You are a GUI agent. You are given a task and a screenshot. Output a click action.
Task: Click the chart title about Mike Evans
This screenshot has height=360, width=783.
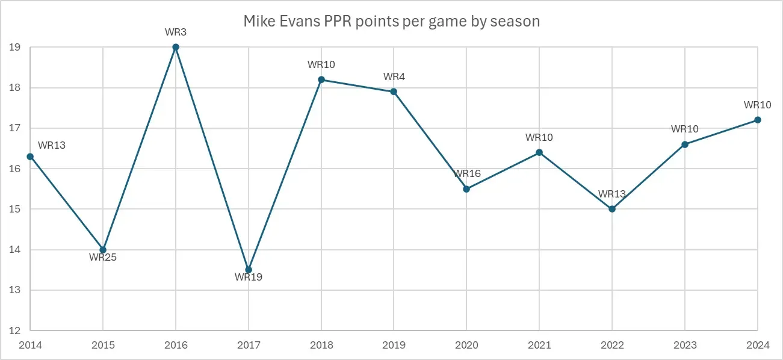[x=391, y=22]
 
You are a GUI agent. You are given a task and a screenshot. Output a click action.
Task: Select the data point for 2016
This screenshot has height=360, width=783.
[x=176, y=47]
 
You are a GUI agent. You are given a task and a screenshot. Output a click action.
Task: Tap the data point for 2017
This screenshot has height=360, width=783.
[x=249, y=270]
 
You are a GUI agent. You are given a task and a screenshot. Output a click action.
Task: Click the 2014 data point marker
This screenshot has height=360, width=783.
[x=30, y=157]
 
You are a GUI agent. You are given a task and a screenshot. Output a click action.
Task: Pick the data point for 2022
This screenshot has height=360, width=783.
[x=612, y=209]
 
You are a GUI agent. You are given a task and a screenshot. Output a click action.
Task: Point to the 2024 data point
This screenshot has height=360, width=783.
[x=758, y=120]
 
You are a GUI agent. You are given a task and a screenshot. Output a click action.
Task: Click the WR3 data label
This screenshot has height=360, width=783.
[x=176, y=33]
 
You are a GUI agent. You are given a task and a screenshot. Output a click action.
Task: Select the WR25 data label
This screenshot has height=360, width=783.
[x=102, y=258]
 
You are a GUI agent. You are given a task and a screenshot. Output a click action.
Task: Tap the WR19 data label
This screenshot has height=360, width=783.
[x=249, y=278]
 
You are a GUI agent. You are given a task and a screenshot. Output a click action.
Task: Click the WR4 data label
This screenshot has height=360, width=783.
[x=394, y=77]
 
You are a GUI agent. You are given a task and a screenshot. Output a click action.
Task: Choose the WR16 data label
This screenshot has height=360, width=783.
[x=467, y=174]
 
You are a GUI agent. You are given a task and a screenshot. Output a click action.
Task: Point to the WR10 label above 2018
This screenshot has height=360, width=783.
[x=321, y=65]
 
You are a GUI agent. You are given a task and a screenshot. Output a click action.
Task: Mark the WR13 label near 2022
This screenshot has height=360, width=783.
[x=612, y=194]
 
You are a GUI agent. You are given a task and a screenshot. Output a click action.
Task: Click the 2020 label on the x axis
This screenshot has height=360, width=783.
[x=466, y=345]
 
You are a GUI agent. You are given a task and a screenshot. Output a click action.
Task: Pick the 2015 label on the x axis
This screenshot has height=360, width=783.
[x=103, y=345]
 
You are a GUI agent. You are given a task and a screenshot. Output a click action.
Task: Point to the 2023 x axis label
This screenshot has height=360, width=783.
[x=685, y=345]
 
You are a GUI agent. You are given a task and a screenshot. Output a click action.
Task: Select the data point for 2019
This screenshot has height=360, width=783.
[x=394, y=92]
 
